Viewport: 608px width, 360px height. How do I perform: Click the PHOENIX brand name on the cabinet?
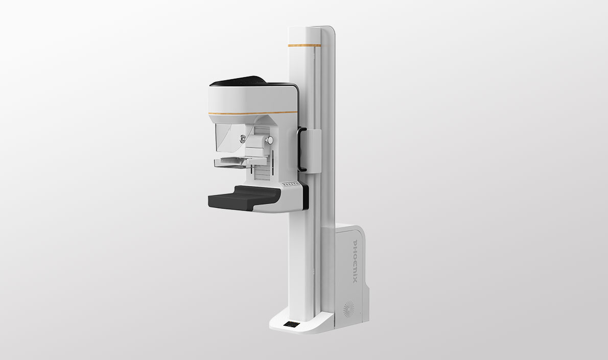tap(355, 261)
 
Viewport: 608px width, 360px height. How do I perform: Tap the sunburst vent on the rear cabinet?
tap(348, 310)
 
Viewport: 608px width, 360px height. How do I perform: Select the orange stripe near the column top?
tap(305, 45)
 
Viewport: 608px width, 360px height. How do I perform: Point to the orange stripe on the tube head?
tap(253, 113)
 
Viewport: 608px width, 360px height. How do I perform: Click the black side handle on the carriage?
tap(301, 149)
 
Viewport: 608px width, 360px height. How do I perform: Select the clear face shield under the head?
tap(229, 138)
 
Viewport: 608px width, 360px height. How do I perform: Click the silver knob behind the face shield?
tap(243, 137)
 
